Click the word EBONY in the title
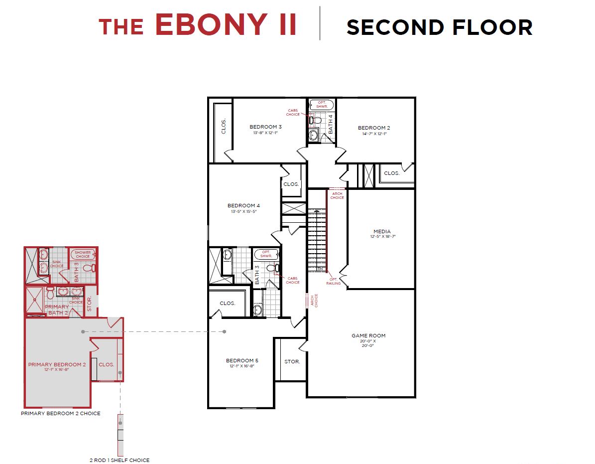point(226,24)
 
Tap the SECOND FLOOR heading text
point(439,27)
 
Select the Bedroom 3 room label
point(265,127)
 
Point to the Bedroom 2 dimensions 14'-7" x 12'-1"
point(374,134)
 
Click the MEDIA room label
point(382,231)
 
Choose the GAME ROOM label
point(368,335)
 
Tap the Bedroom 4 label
point(243,205)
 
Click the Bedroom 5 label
point(242,360)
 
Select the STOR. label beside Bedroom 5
point(292,361)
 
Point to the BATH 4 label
point(330,124)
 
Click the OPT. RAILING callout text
point(334,281)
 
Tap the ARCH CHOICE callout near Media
point(337,195)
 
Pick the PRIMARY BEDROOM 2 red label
point(57,364)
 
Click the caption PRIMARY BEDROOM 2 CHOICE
point(60,413)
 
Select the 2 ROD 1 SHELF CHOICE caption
point(119,460)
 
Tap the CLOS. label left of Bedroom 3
point(224,127)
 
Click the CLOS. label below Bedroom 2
point(391,173)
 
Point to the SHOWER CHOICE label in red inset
point(83,254)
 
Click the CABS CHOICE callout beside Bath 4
point(293,112)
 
